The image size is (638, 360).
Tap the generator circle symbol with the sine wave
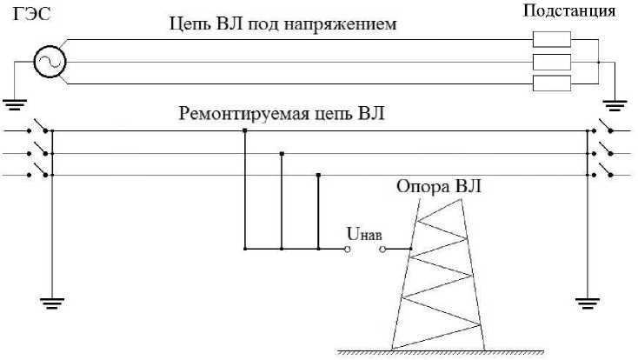[x=49, y=62]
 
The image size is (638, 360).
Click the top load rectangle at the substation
[x=551, y=40]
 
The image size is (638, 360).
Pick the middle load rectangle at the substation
[x=551, y=63]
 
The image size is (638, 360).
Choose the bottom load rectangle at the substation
[x=551, y=84]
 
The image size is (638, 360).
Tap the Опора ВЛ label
[x=437, y=187]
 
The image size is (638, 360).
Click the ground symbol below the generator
[x=13, y=105]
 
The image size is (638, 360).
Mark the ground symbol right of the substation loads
[x=615, y=105]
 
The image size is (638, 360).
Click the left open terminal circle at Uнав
[x=349, y=249]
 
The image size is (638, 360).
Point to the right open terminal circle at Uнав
[x=382, y=249]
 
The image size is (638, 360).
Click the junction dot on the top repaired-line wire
[x=244, y=131]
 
